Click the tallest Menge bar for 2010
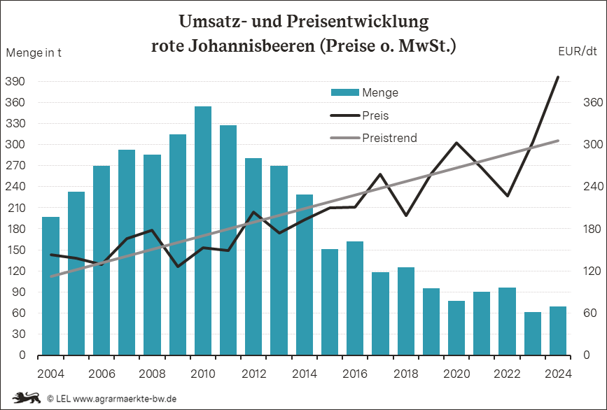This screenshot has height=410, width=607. coord(203,230)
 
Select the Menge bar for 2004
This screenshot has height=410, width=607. coord(50,286)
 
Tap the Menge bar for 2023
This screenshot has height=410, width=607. coord(533,334)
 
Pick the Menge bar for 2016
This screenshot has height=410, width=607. coord(355,298)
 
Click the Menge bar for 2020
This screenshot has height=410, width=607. coord(456,328)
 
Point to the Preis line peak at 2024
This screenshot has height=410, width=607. coord(558,77)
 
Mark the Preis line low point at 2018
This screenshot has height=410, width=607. coord(405,215)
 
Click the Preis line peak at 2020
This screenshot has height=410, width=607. coord(456,143)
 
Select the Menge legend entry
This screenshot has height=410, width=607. coord(364,92)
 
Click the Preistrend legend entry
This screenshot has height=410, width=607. coord(374,138)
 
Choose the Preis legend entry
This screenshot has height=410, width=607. coord(359,115)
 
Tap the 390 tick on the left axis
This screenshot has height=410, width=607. coord(15,81)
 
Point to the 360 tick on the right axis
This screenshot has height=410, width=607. coord(593,102)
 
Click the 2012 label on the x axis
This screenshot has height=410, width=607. coord(254,374)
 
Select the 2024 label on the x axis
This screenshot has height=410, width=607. coord(558,374)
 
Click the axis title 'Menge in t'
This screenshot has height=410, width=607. coord(34,52)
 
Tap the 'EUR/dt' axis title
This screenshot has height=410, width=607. coord(578,51)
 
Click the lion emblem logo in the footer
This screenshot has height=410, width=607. coord(27,397)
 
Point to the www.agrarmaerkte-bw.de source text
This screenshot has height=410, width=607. coord(125,398)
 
